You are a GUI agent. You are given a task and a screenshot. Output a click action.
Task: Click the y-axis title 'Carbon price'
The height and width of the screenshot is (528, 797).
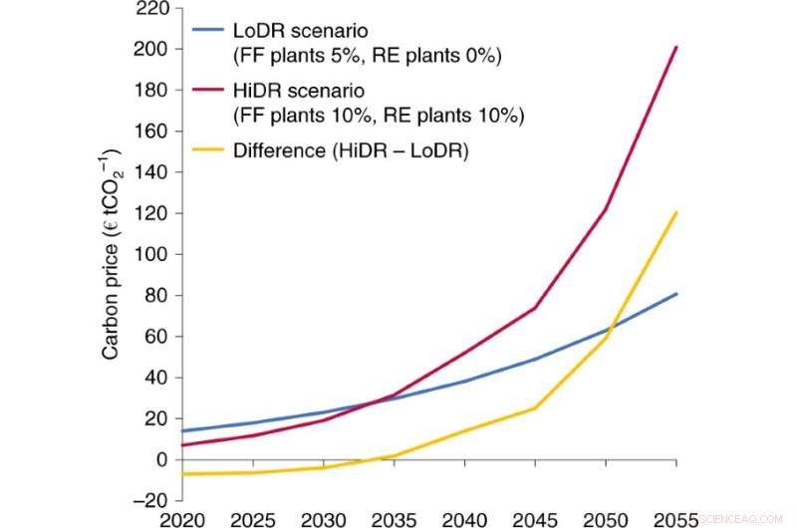(111, 253)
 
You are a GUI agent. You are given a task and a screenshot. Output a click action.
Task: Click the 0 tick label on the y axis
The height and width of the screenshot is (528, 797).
(158, 459)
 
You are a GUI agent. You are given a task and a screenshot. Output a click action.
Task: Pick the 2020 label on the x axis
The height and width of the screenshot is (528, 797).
(179, 518)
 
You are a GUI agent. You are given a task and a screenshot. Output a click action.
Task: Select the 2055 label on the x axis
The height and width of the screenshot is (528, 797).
(676, 518)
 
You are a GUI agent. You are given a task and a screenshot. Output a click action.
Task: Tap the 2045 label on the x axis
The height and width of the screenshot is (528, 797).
(534, 518)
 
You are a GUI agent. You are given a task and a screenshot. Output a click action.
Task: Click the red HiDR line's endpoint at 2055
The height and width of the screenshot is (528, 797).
(676, 47)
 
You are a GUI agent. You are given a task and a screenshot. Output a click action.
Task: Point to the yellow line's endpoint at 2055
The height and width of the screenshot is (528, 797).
(676, 212)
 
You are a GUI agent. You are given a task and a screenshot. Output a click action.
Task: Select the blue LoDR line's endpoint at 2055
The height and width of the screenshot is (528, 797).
(676, 294)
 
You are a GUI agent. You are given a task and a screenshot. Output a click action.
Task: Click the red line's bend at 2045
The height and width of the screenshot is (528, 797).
(535, 307)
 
